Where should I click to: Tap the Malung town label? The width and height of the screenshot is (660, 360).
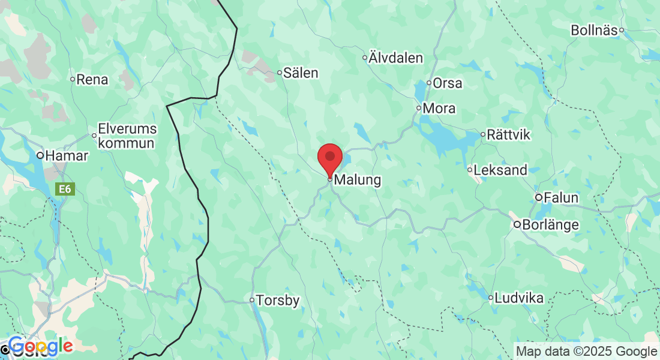tap(357, 179)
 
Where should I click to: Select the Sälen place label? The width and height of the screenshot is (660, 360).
tap(301, 73)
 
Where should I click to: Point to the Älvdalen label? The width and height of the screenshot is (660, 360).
tap(395, 58)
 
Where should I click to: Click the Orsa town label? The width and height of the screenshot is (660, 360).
tap(448, 83)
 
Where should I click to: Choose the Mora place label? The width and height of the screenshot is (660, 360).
tap(439, 109)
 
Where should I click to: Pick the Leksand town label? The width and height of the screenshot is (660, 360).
tap(500, 170)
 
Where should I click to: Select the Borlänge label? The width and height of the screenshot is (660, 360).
tap(551, 225)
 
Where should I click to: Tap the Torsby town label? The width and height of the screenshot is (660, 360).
tap(278, 301)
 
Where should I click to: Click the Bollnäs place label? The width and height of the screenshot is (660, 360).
tap(594, 30)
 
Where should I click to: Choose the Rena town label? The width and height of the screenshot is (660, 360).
tap(92, 79)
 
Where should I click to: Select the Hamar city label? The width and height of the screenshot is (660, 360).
tap(67, 156)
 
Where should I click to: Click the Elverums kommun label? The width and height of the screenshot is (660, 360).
tap(127, 136)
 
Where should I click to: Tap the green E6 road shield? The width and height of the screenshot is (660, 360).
tap(64, 189)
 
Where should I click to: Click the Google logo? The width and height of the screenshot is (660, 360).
tap(40, 346)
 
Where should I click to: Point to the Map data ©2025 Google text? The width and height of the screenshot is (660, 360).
tap(587, 352)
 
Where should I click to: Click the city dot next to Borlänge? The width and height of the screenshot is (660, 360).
tap(517, 224)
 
